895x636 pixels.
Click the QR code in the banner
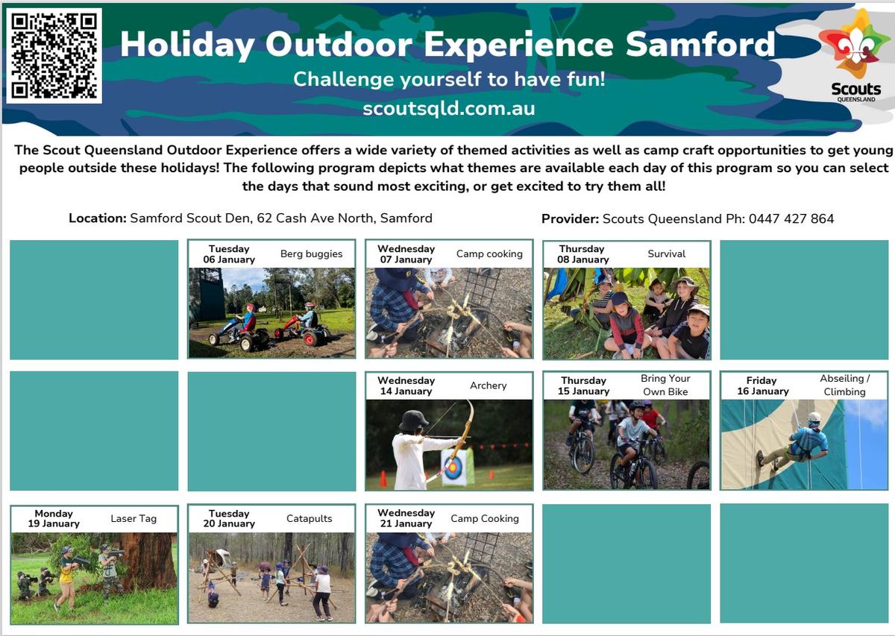click(54, 55)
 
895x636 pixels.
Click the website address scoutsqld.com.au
click(449, 109)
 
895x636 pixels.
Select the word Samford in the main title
click(700, 44)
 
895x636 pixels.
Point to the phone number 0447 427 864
click(791, 218)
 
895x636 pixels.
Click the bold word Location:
click(98, 218)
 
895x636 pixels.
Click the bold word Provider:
click(570, 218)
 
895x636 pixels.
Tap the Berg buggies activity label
click(311, 254)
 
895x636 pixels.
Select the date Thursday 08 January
click(583, 254)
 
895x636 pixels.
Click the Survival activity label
click(666, 254)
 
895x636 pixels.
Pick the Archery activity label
click(488, 385)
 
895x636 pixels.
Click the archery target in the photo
click(453, 467)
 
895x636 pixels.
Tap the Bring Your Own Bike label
click(665, 385)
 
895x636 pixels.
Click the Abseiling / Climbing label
click(844, 385)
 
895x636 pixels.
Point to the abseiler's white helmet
click(814, 418)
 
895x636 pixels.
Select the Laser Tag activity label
click(134, 518)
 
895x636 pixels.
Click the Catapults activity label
click(310, 518)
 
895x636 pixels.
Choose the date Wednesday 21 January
click(406, 518)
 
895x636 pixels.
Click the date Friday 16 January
click(763, 386)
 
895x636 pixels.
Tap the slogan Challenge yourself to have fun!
click(449, 79)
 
